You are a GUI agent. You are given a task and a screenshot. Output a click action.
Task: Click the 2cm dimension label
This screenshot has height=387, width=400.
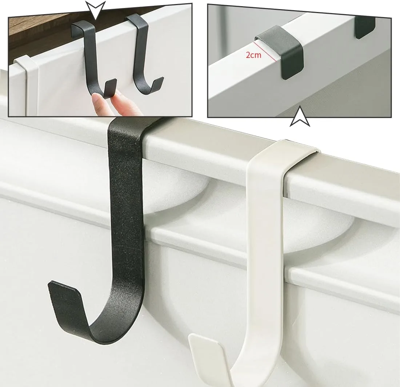click(x=253, y=55)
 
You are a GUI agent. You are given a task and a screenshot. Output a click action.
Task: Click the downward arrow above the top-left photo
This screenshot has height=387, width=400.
click(x=95, y=10)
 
